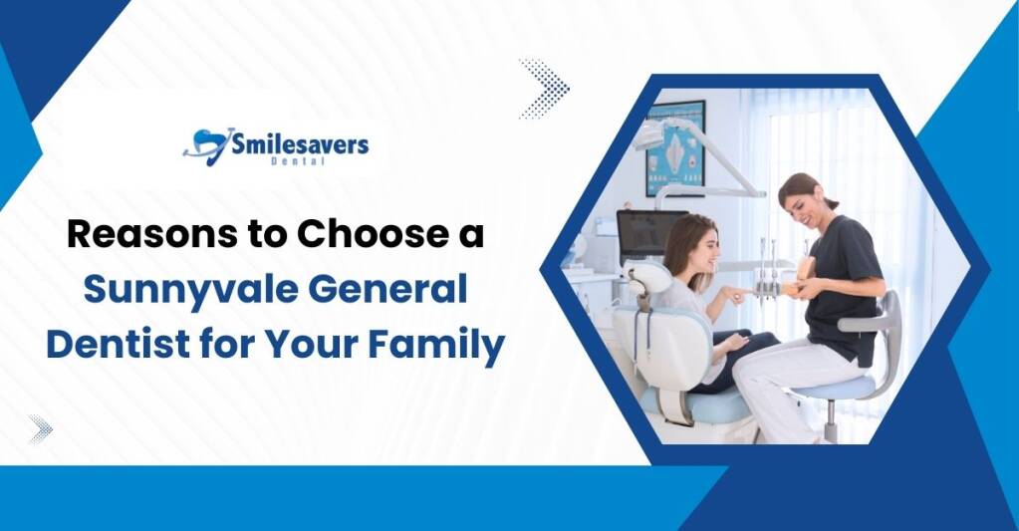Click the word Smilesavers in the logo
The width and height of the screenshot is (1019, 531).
coord(300,143)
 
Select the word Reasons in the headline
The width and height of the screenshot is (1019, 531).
coord(152,235)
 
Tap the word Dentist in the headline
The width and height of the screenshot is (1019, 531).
coord(121,345)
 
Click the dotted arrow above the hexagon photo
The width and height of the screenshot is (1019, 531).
coord(545,89)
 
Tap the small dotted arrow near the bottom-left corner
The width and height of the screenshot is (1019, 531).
coord(40,429)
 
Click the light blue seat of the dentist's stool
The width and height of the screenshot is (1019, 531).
coord(839,387)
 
